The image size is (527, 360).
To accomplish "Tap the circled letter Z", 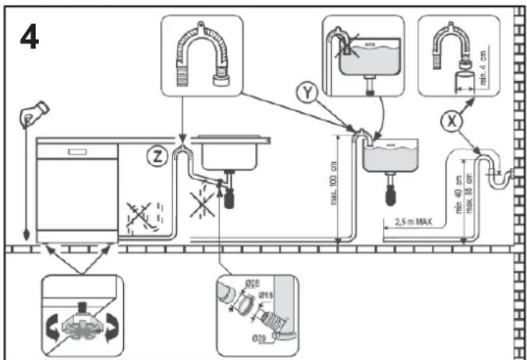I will click(158, 155).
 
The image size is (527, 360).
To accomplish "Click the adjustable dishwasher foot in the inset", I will click(79, 319).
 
